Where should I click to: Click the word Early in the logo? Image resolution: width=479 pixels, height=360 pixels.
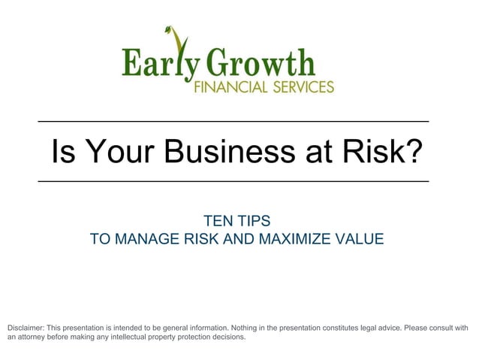155,63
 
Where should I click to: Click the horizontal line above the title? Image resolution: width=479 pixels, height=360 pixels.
233,122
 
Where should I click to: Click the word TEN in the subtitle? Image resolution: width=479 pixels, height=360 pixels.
218,221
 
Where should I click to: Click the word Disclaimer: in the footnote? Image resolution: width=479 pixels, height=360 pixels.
25,328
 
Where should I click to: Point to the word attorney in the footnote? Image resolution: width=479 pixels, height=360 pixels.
33,337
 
